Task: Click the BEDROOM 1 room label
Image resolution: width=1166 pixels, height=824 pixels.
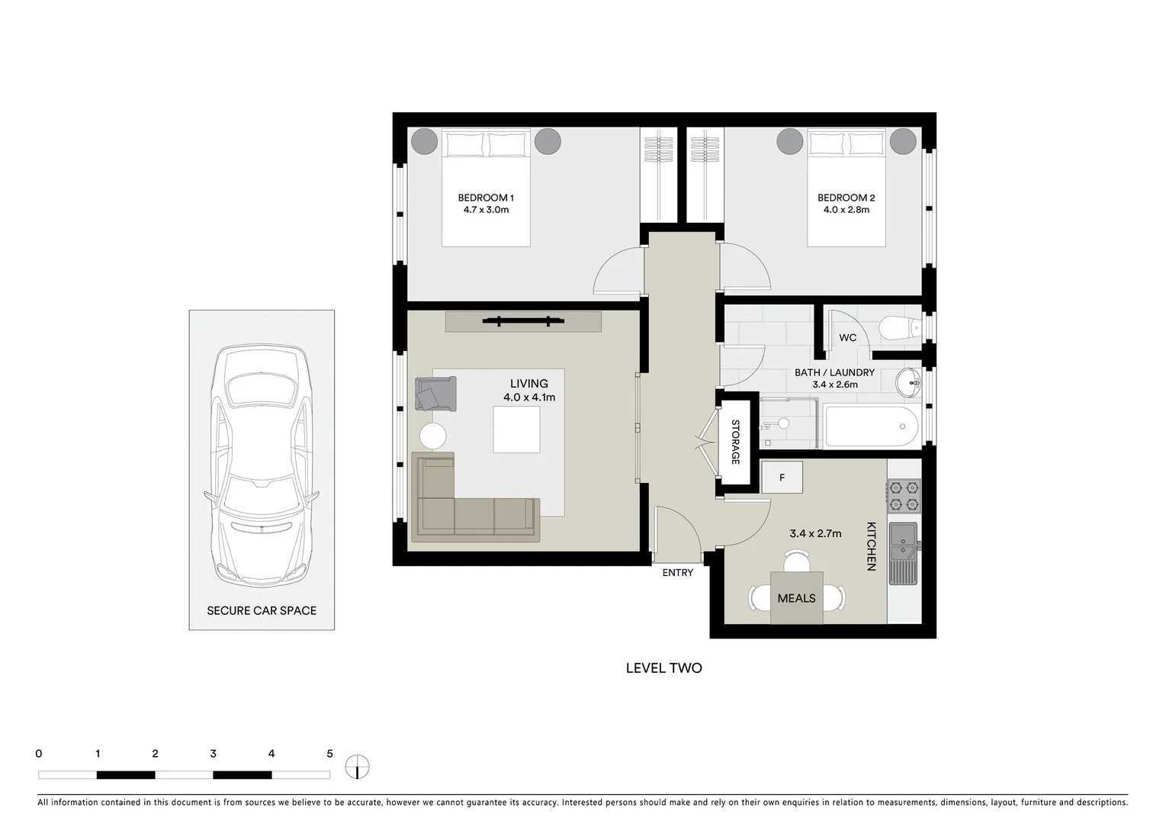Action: pyautogui.click(x=485, y=198)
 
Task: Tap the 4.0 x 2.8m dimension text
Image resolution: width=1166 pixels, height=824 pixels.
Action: pyautogui.click(x=846, y=210)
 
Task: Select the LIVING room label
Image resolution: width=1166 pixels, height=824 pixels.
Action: pyautogui.click(x=528, y=384)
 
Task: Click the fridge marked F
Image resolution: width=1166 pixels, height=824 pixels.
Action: pyautogui.click(x=782, y=478)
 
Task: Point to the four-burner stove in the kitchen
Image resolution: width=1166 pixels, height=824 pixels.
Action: pyautogui.click(x=904, y=495)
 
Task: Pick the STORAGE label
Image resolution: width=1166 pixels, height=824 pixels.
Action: pyautogui.click(x=736, y=442)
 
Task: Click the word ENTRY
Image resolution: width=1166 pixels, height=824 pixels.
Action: pyautogui.click(x=677, y=573)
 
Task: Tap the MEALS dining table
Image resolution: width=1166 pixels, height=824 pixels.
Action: pyautogui.click(x=796, y=598)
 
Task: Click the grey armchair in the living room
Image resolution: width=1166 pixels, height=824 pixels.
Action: pyautogui.click(x=435, y=394)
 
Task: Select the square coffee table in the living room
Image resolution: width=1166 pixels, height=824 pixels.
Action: pyautogui.click(x=516, y=430)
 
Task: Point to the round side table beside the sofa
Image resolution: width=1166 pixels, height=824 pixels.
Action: pyautogui.click(x=433, y=436)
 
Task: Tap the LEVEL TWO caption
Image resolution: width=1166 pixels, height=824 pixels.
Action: pyautogui.click(x=663, y=668)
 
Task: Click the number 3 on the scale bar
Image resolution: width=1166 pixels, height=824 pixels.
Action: pyautogui.click(x=213, y=754)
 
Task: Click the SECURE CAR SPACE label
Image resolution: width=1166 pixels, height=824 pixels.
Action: pyautogui.click(x=262, y=610)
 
